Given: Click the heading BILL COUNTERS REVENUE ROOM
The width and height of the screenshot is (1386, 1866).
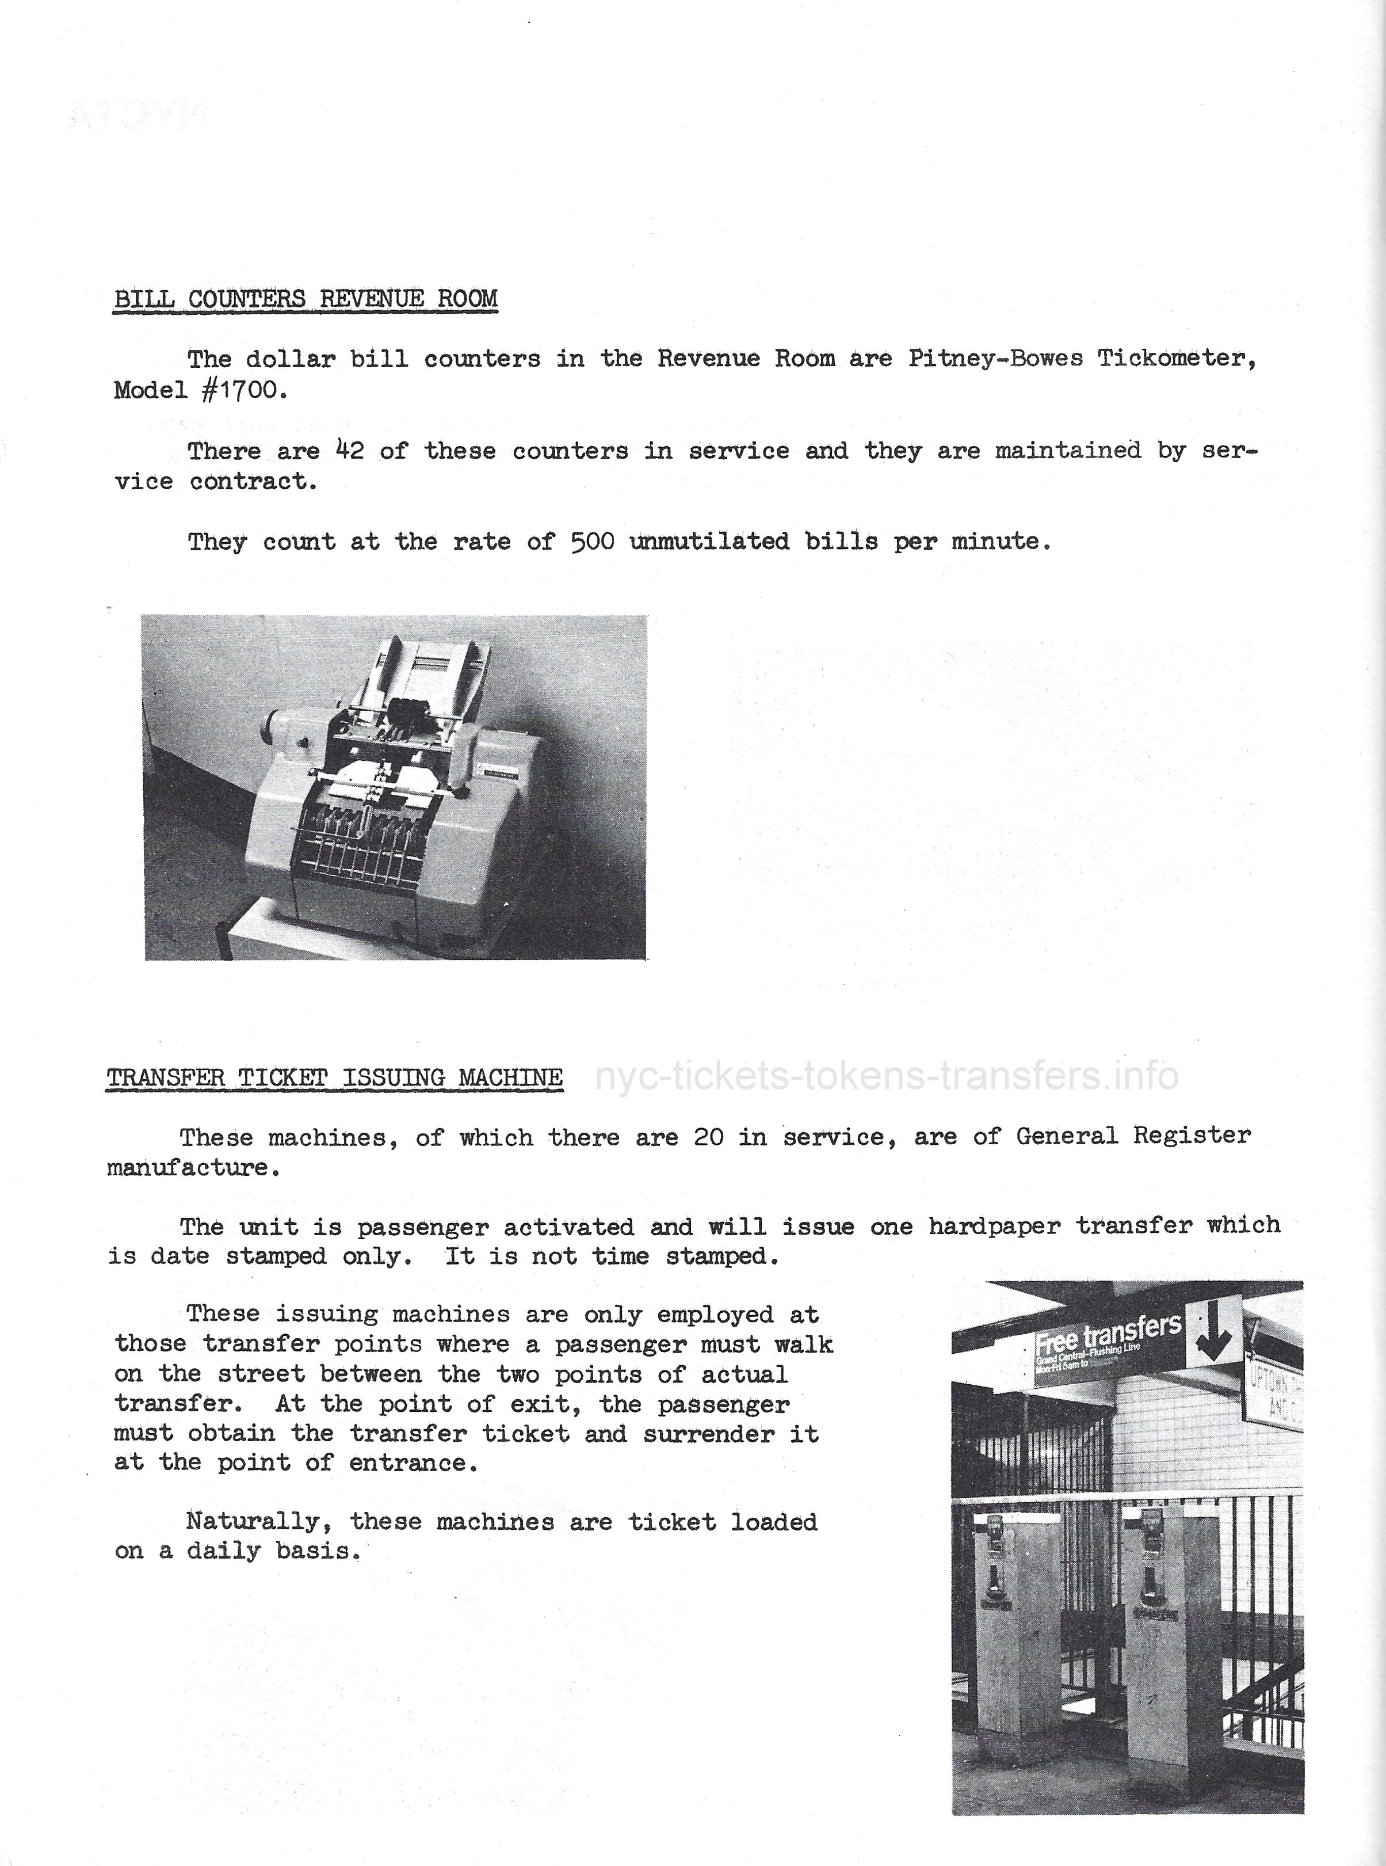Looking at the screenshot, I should [306, 299].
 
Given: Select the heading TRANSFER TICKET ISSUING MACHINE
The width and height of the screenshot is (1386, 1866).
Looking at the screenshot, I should [334, 1078].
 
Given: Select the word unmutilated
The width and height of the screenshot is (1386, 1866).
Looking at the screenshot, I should [709, 542].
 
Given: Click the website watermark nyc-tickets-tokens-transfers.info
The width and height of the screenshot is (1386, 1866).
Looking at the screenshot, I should [887, 1076].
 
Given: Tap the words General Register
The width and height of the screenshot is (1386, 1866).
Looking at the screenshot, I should [1133, 1137].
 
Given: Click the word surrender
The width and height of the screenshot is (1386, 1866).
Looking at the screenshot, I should [709, 1434].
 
